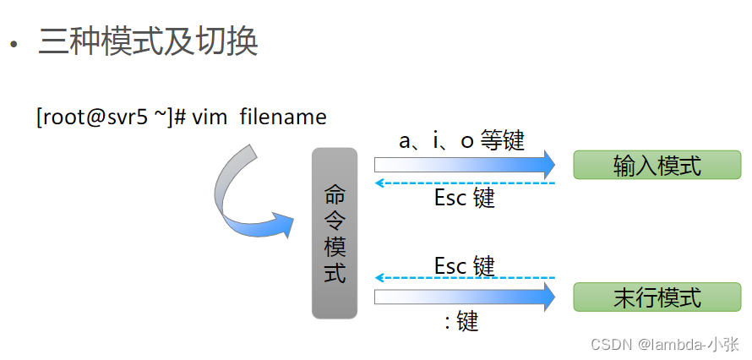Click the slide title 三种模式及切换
coord(148,41)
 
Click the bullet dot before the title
coord(13,45)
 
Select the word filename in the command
coord(282,117)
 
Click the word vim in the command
coord(210,117)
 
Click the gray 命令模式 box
coord(335,233)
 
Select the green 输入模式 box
coord(657,165)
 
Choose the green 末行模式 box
coord(657,297)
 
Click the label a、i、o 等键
coord(461,140)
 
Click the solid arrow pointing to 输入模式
coord(465,163)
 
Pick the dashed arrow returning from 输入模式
coord(465,183)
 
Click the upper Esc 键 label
coord(464,199)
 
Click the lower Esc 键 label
coord(464,265)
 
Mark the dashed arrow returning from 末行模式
coord(465,277)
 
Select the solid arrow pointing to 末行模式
coord(465,297)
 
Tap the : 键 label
coord(461,321)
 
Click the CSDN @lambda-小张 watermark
coord(663,344)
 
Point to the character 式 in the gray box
coord(335,273)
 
